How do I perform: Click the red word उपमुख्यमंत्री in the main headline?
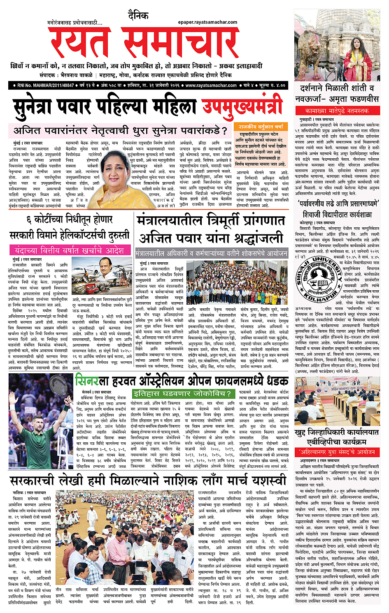coord(242,106)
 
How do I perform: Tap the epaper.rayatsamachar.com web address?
coord(207,22)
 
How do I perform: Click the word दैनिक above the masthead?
coord(138,16)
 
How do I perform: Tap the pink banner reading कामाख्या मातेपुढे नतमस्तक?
coord(337,111)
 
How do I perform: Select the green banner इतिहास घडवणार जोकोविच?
coord(184,393)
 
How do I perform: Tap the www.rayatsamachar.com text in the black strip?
coord(211,86)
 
